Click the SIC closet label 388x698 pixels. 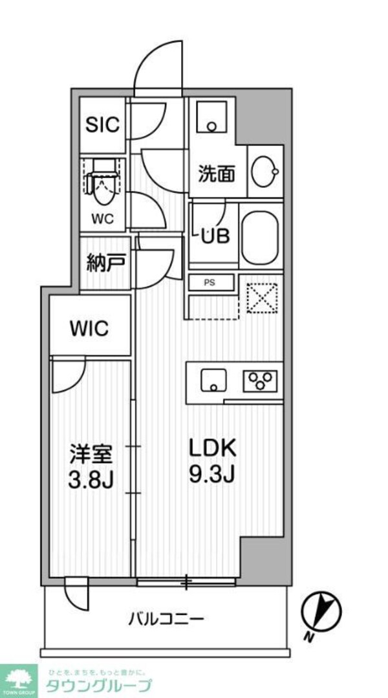(103, 124)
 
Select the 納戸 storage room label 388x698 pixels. (103, 264)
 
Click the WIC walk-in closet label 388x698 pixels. (90, 328)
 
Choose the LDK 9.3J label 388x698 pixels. (212, 460)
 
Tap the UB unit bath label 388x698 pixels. (213, 236)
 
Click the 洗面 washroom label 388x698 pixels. (216, 174)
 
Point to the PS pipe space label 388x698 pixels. (210, 282)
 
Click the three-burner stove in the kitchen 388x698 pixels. (260, 380)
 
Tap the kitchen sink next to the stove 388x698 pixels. (211, 380)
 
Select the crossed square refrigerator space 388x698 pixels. (261, 298)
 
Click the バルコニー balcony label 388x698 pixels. (166, 619)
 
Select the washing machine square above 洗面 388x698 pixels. (211, 117)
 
